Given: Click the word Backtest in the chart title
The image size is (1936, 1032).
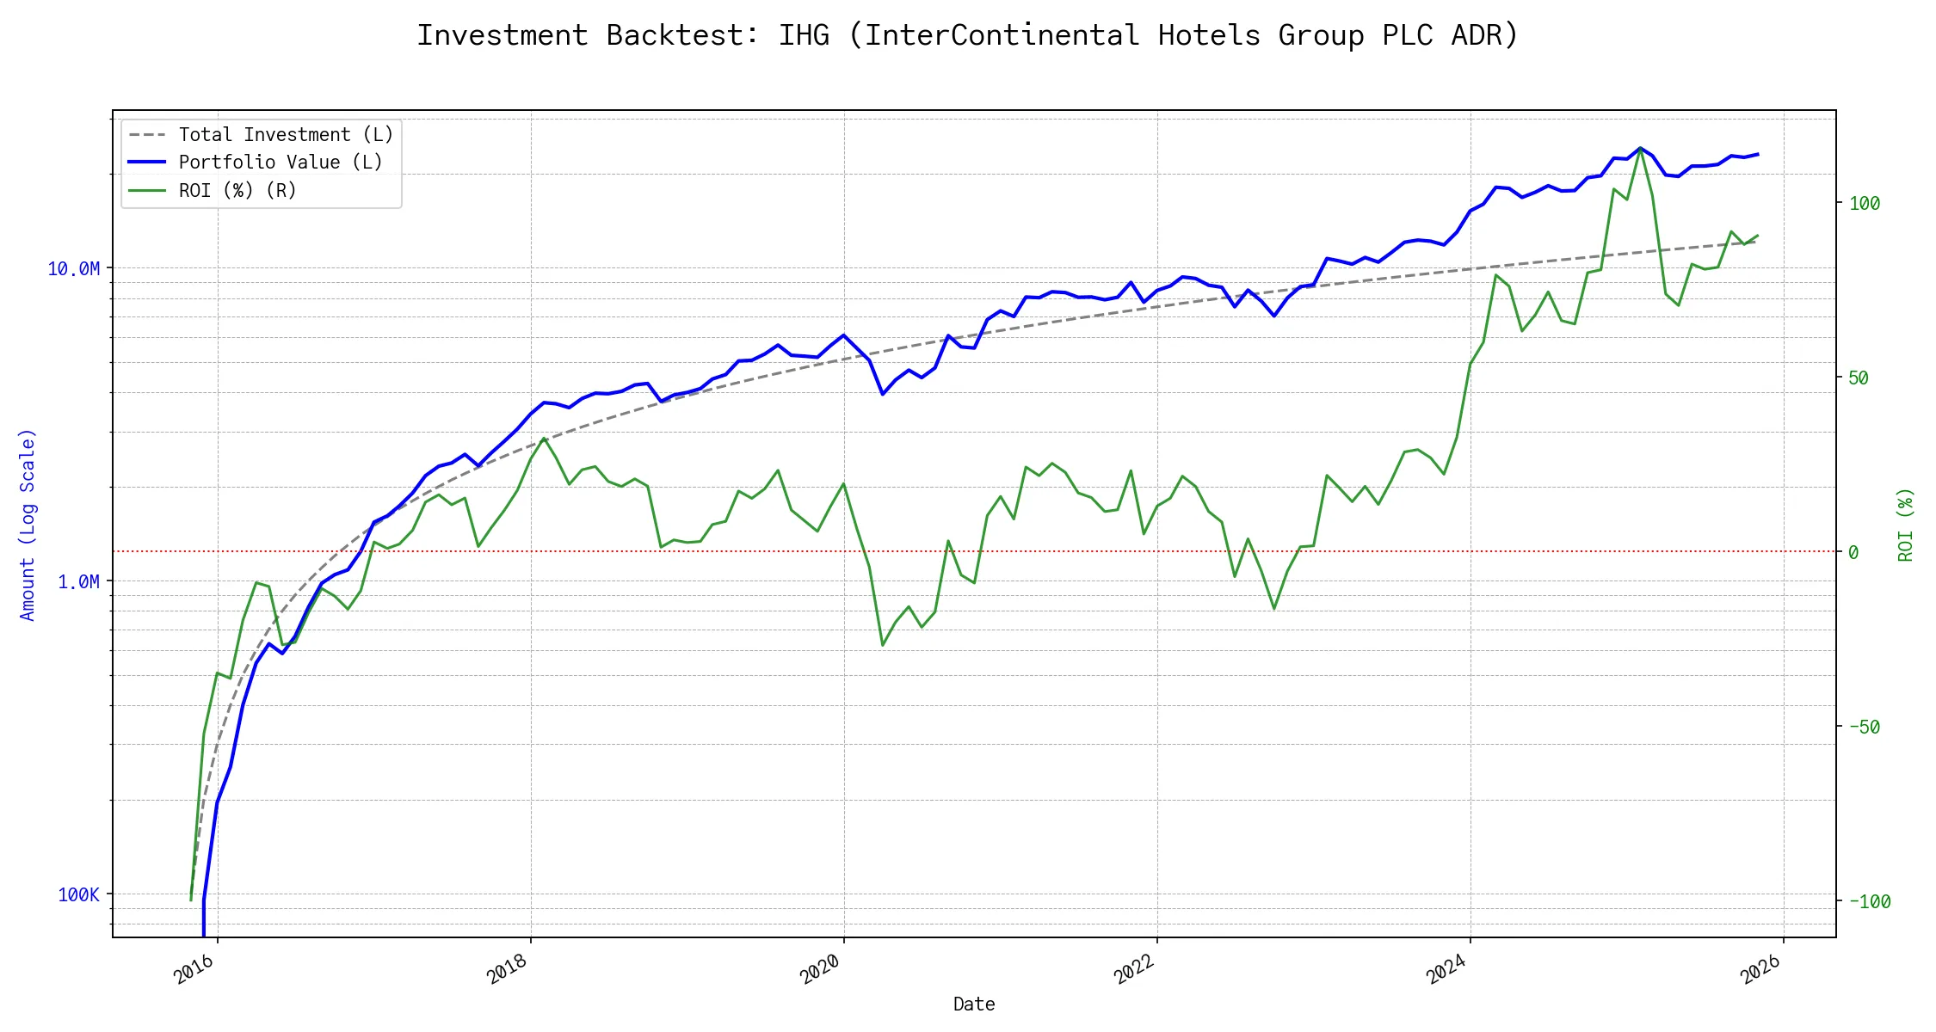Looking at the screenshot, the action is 683,35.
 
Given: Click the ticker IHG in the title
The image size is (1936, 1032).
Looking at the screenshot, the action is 804,35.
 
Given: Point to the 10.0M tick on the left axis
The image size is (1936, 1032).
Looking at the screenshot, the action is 74,269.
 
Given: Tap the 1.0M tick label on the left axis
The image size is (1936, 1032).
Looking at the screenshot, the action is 79,582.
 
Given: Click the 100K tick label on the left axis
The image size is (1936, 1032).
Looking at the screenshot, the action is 79,895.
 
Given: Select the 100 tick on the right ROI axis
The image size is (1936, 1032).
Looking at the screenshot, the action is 1865,204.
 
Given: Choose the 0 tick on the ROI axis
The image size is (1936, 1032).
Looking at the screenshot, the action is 1854,553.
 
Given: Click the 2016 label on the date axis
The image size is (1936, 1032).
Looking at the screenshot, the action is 194,970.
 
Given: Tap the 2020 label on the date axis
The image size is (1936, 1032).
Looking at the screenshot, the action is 821,970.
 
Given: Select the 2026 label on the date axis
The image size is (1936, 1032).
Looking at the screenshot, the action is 1761,970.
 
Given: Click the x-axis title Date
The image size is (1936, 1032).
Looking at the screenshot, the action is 974,1004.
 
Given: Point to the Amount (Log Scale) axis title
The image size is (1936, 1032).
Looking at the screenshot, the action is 28,525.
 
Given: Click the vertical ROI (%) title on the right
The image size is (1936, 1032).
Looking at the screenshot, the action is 1906,525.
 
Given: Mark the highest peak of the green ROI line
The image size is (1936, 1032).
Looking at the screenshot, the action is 1640,148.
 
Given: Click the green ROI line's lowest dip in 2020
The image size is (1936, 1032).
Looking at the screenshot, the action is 883,645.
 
